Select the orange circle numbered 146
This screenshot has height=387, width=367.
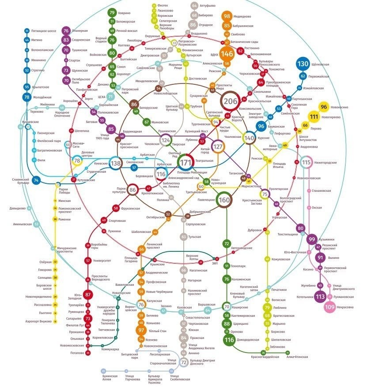pos(227,54)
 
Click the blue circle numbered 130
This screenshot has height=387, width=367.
pos(303,64)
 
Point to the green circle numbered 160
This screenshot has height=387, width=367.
pos(224,200)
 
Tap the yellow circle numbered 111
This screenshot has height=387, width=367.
pos(314,117)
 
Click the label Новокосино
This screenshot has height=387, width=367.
pos(343,107)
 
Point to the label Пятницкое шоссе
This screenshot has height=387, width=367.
pos(44,31)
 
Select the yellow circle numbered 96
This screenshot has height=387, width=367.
pos(324,107)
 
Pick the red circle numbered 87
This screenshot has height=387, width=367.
pos(88,295)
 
